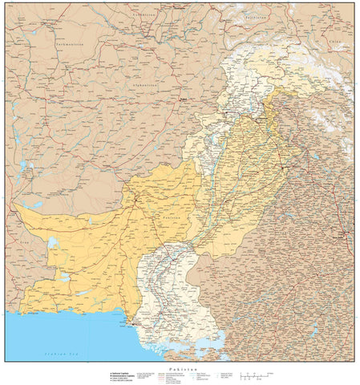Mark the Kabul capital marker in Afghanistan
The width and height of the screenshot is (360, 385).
(x=184, y=100)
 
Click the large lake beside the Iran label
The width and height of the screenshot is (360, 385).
(x=52, y=241)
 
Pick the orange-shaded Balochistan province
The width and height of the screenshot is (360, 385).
(x=96, y=241)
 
